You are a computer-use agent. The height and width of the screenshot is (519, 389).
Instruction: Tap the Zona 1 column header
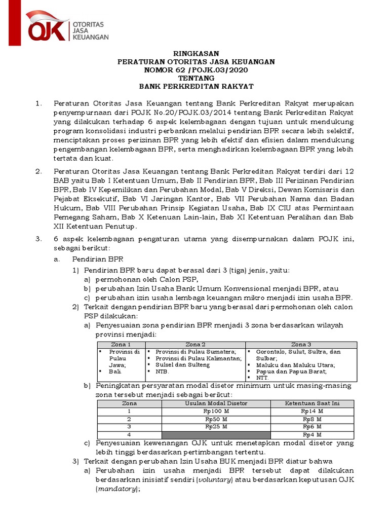121,345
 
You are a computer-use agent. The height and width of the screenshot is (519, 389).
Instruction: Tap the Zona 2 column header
196,345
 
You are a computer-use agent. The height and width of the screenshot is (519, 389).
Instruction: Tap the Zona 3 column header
301,345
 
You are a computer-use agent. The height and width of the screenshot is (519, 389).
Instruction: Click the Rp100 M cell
216,412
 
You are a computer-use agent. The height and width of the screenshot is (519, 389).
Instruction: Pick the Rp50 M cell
216,419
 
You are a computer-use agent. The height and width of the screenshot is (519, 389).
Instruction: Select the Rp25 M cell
216,427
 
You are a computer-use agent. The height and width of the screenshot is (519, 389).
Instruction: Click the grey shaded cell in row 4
216,435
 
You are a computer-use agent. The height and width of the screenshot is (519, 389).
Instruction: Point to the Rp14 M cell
312,412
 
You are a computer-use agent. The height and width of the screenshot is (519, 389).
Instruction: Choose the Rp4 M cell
312,435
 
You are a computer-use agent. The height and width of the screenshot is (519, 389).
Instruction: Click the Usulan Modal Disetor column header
216,403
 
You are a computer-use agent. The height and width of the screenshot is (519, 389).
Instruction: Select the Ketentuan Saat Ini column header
312,403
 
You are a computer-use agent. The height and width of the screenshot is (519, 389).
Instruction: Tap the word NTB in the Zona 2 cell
162,371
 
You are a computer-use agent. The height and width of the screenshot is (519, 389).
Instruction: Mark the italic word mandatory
116,489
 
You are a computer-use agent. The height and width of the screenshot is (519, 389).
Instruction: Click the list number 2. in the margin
38,171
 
